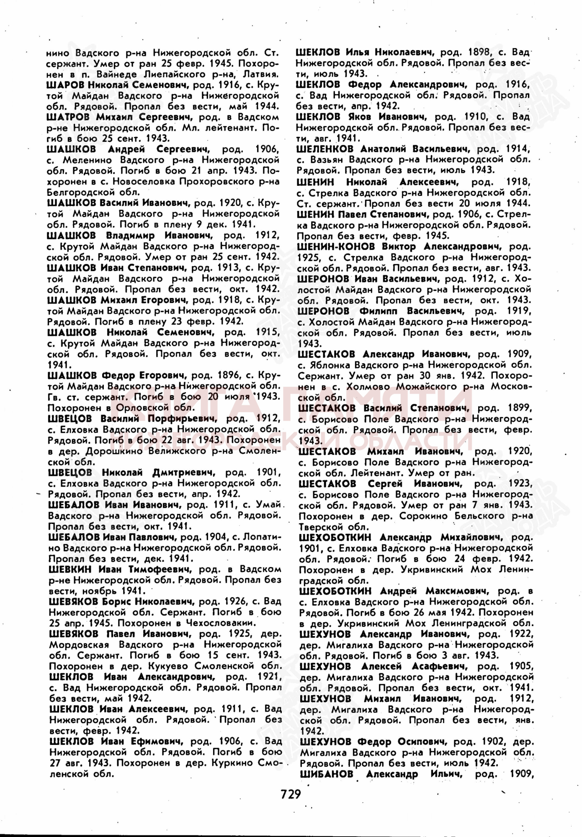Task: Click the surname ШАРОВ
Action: (x=62, y=85)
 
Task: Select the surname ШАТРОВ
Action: (x=65, y=117)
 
